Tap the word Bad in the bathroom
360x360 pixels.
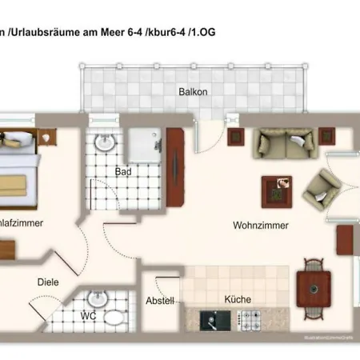(x=122, y=172)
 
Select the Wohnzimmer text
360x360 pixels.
(x=261, y=226)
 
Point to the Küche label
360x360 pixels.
(x=238, y=299)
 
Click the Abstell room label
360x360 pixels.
(x=160, y=301)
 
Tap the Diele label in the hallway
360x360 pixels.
(x=47, y=282)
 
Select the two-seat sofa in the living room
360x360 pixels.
(x=283, y=143)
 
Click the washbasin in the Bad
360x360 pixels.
(x=104, y=143)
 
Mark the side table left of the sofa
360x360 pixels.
(x=236, y=138)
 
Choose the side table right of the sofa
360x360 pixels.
(x=329, y=138)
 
